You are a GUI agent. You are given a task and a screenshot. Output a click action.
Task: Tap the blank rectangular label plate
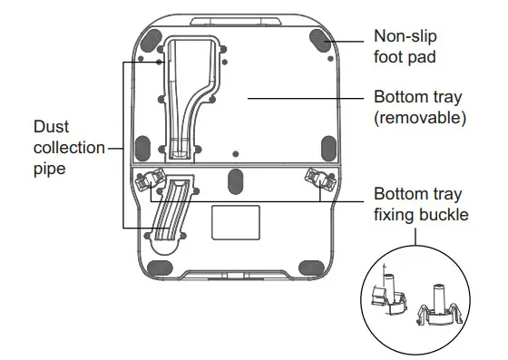pyautogui.click(x=235, y=222)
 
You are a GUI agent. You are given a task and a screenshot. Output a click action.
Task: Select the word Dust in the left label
pyautogui.click(x=51, y=126)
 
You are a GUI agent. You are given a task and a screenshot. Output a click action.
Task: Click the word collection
pyautogui.click(x=68, y=147)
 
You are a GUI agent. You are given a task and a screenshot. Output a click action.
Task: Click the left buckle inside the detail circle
pyautogui.click(x=388, y=295)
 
